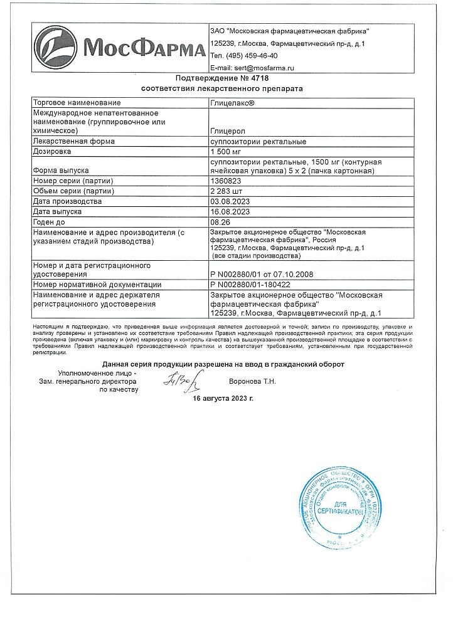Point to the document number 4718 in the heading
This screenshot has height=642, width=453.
tap(259, 78)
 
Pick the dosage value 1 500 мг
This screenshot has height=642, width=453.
tap(226, 152)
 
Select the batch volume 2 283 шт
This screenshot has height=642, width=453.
tap(227, 191)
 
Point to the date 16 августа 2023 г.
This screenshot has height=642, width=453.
tap(223, 398)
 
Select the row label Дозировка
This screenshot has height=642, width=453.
tap(52, 152)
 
